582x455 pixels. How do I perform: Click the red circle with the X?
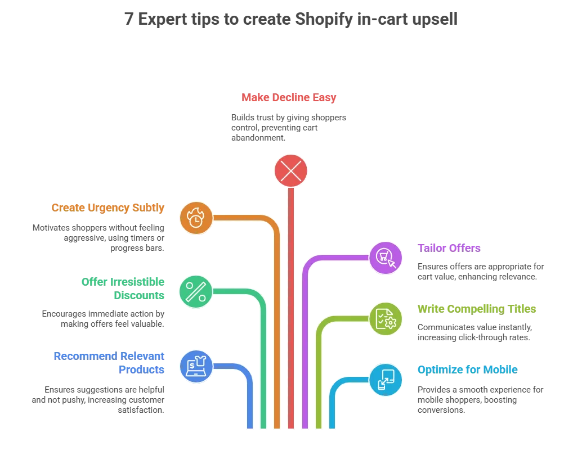point(290,170)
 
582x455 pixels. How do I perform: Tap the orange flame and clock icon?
point(195,217)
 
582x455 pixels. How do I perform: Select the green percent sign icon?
point(195,291)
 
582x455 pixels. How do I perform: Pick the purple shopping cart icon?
point(386,258)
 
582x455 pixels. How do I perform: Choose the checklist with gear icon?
point(386,318)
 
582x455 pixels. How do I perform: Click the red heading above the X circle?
point(289,97)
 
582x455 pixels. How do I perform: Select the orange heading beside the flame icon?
point(109,208)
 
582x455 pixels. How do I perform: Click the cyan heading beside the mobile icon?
point(467,369)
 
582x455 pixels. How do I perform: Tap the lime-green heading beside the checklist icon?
point(477,309)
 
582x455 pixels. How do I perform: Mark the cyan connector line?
point(332,405)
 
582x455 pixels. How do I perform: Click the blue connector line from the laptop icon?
point(249,399)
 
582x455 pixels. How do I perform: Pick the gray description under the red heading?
point(287,128)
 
